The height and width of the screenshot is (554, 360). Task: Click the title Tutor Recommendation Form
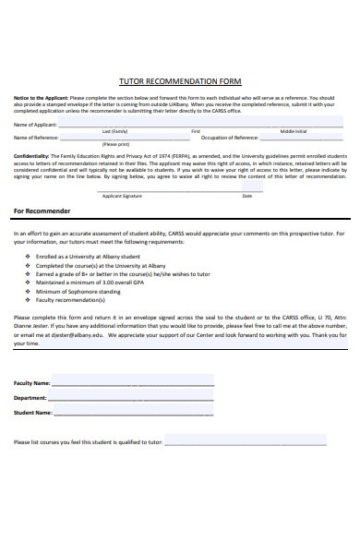(x=180, y=80)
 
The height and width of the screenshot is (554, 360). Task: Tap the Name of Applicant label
(x=35, y=124)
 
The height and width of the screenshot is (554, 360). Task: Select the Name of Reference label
(x=35, y=137)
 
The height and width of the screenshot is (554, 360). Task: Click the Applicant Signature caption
(x=122, y=196)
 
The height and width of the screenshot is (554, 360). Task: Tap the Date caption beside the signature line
(x=246, y=196)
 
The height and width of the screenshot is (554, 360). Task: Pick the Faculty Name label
(x=32, y=382)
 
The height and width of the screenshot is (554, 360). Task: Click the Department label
(x=30, y=398)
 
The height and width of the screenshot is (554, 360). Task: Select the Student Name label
(x=32, y=413)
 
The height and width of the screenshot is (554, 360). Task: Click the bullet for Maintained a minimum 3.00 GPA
(x=28, y=283)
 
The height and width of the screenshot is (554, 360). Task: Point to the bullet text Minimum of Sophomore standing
(x=78, y=291)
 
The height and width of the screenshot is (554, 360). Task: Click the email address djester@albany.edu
(x=78, y=336)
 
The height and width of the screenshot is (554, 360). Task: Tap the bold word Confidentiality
(x=31, y=156)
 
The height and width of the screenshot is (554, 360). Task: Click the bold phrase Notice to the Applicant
(x=40, y=97)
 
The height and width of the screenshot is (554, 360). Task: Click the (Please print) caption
(x=116, y=144)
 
